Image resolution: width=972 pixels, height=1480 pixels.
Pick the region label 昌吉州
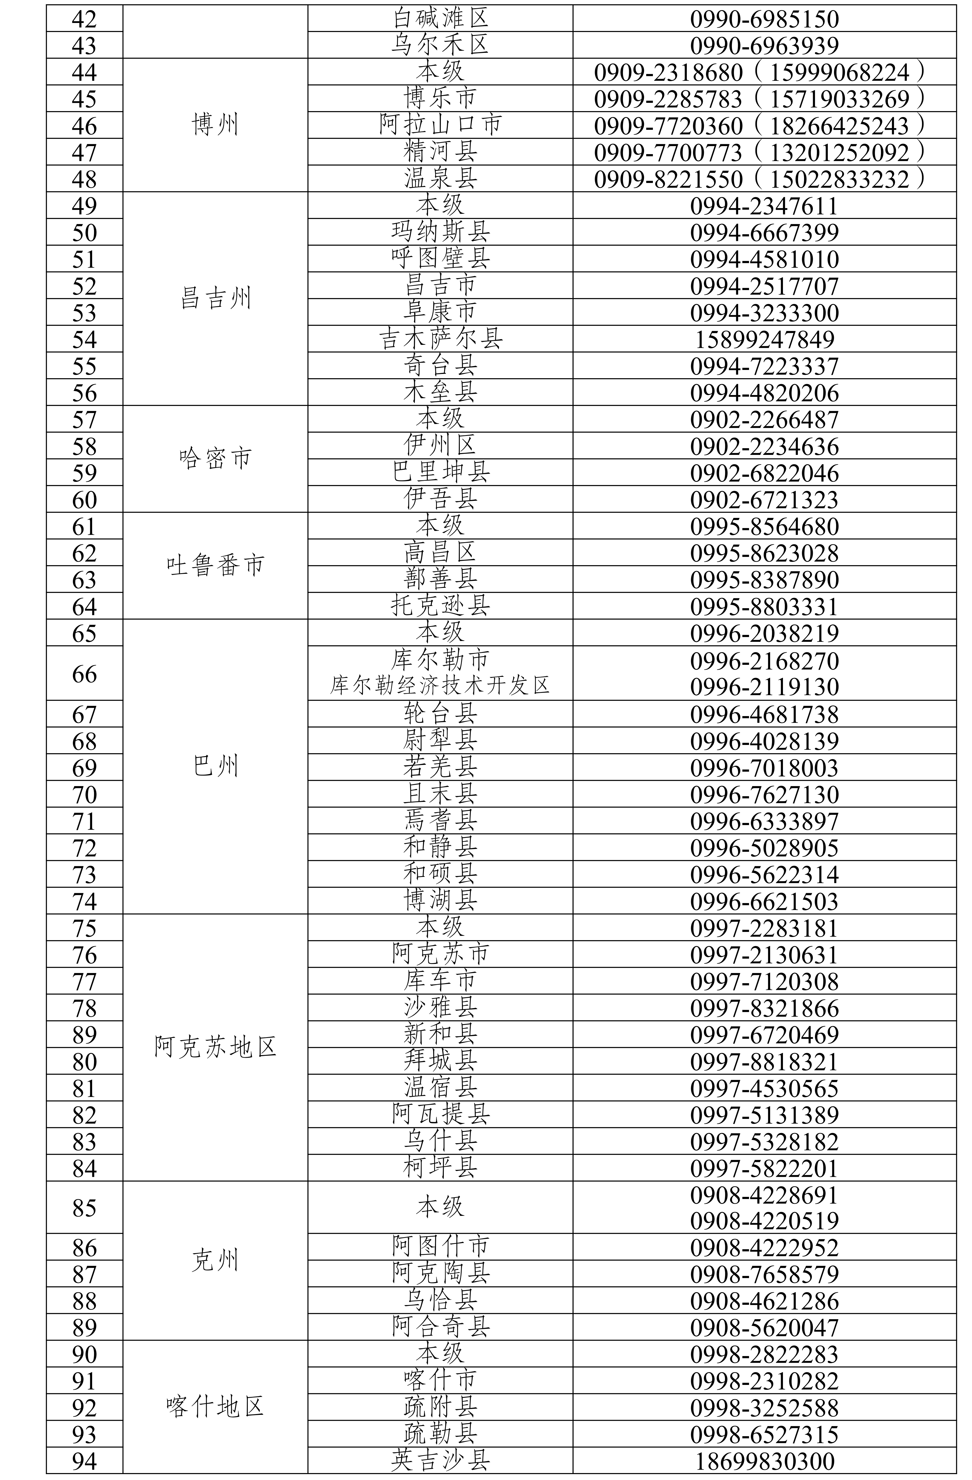215,299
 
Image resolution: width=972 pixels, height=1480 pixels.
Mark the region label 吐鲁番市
215,565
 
